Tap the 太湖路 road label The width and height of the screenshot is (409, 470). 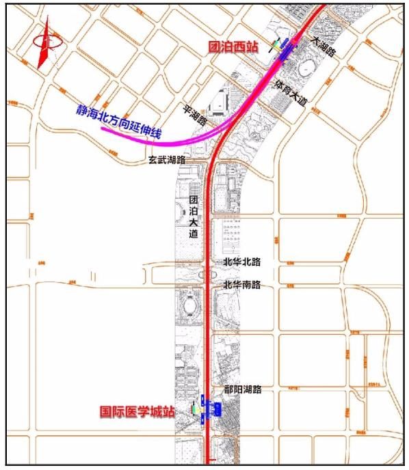[x=324, y=46]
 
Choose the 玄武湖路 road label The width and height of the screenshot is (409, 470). [x=170, y=161]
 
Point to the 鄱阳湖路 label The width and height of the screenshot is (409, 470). [x=243, y=389]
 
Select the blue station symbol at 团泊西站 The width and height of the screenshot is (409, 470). [x=284, y=46]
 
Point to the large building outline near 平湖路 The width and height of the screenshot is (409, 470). [x=220, y=102]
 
